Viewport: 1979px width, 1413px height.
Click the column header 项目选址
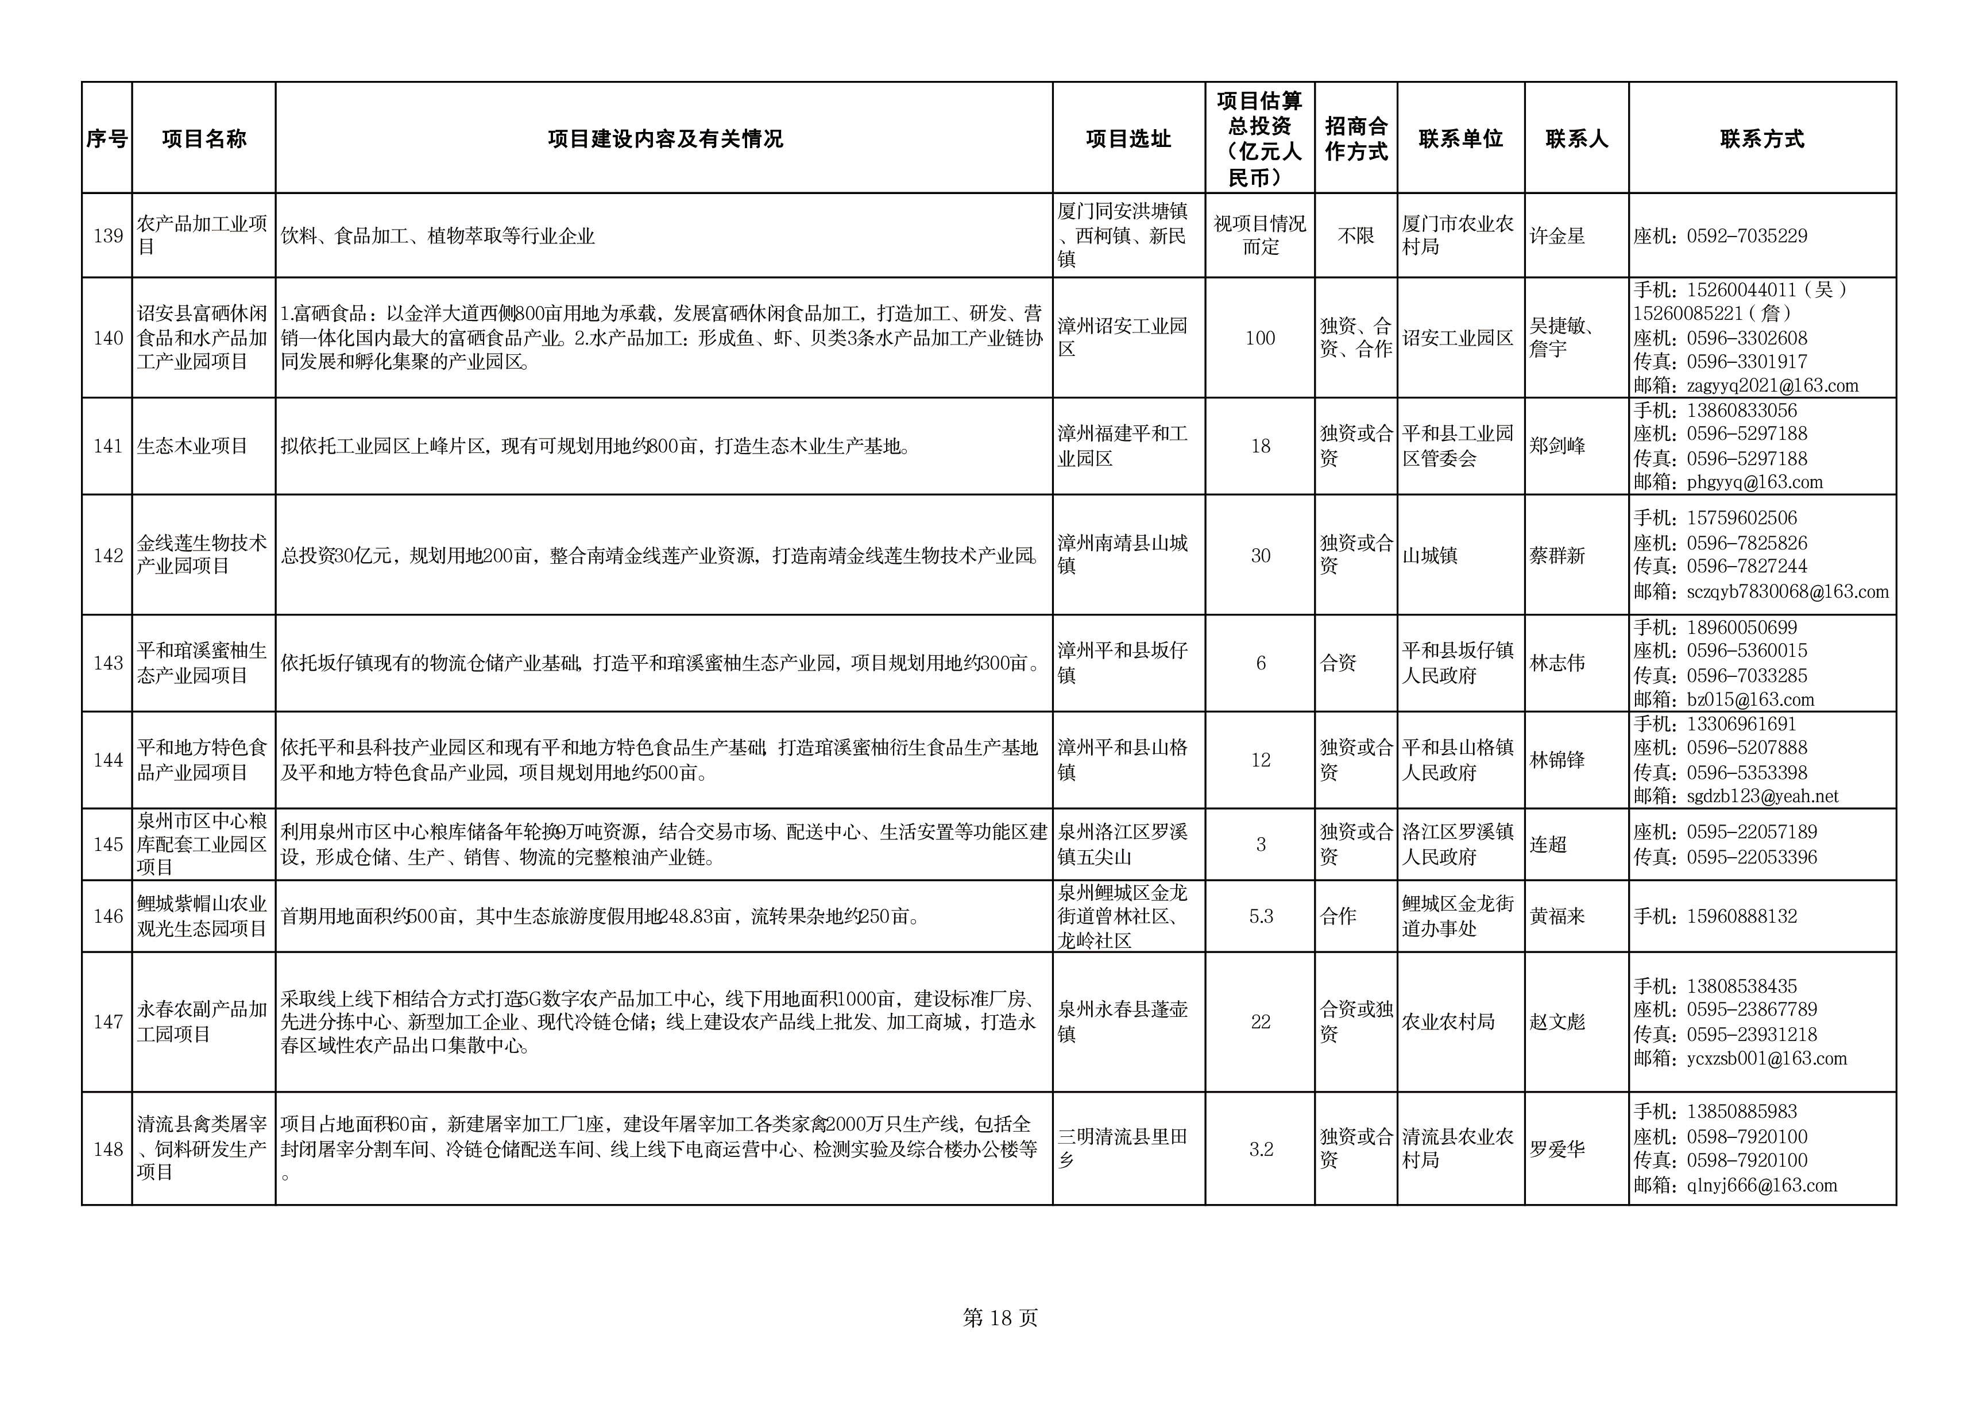(x=1128, y=139)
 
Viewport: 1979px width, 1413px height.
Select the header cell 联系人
(x=1576, y=139)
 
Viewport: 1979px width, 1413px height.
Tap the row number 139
(x=108, y=236)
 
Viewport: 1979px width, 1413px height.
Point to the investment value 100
(x=1259, y=338)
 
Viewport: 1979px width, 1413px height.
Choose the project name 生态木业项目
(x=192, y=446)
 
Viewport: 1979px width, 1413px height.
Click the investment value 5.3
(x=1260, y=916)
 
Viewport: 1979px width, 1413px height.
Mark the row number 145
(x=108, y=844)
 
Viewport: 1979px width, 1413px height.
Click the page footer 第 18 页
(x=1000, y=1318)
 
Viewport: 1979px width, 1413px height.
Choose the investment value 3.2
(x=1260, y=1149)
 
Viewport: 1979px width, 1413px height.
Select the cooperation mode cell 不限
(x=1355, y=236)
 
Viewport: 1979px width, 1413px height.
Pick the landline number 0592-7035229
(x=1746, y=236)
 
